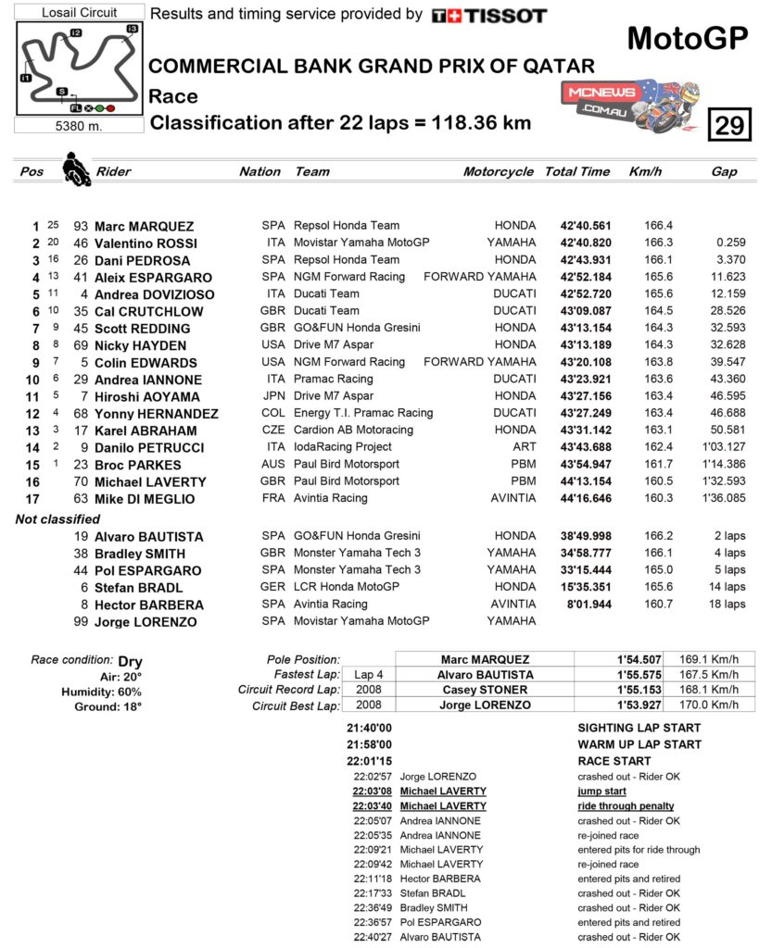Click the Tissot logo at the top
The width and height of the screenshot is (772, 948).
(489, 16)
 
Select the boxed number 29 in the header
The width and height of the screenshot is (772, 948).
(729, 124)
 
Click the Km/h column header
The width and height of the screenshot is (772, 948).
(645, 171)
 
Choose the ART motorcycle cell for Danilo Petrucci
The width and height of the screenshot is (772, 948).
(524, 447)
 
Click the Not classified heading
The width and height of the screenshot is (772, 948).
(57, 519)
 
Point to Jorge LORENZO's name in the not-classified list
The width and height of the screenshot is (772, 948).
(146, 622)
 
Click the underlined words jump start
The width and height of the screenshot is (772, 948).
(601, 792)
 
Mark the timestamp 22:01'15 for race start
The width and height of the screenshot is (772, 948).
(369, 761)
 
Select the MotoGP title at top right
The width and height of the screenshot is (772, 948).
(687, 38)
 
